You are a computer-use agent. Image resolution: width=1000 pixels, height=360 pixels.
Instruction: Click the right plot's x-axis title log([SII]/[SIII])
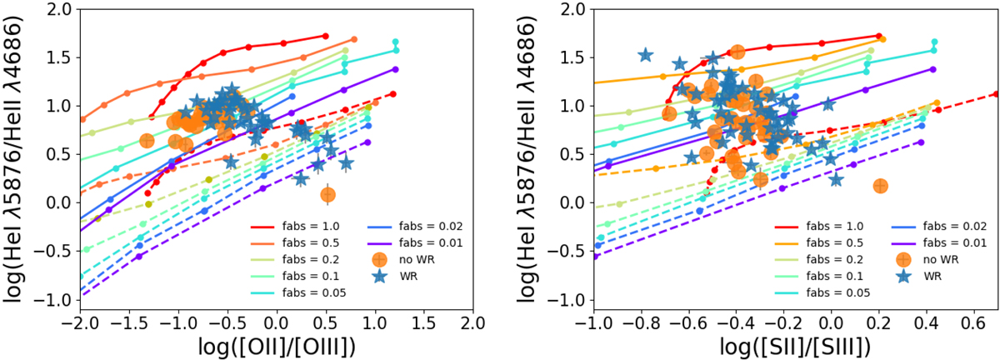795,344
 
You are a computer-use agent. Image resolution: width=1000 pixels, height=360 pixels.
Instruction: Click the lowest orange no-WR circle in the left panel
327,194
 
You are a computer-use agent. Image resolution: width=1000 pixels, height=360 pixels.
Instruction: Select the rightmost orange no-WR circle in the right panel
881,186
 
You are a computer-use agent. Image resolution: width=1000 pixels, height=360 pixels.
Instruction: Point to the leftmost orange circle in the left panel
147,141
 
